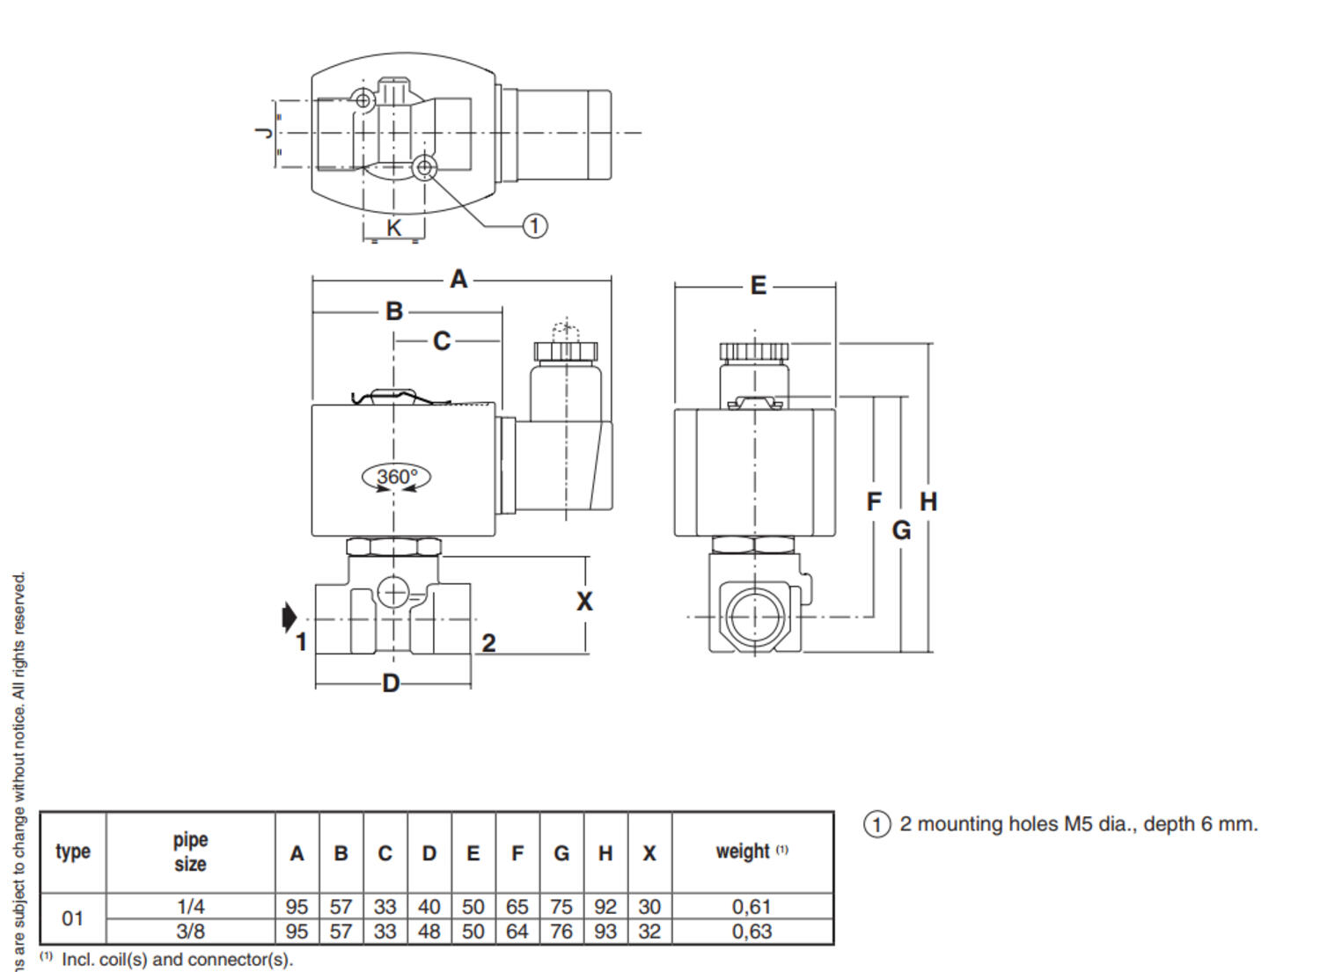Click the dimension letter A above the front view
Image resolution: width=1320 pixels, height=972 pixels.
[458, 279]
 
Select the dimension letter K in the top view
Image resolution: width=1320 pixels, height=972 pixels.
[393, 228]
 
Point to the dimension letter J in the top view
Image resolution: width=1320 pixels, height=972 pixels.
[266, 133]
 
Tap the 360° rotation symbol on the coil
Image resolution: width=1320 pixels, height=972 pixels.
[396, 477]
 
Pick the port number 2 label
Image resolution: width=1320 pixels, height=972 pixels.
[488, 643]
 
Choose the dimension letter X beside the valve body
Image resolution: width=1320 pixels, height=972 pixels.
[584, 602]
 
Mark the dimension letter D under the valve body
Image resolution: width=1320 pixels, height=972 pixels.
[391, 683]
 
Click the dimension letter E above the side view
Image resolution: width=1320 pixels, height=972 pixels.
[759, 286]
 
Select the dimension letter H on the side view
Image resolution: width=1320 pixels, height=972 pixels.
[928, 502]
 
